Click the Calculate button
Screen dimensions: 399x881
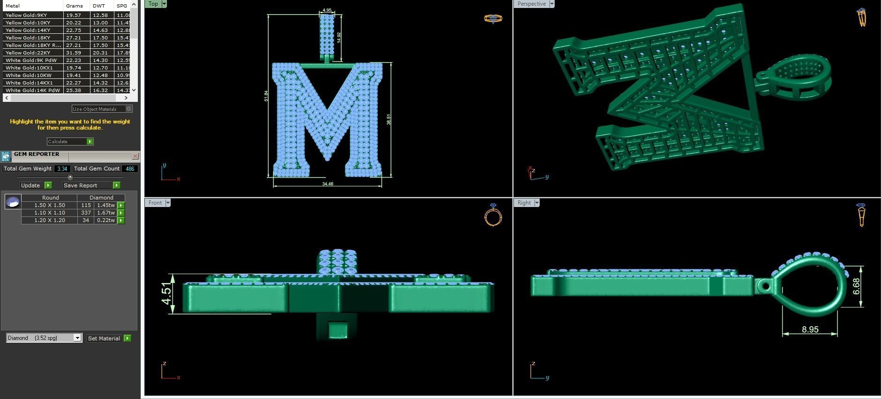tap(70, 141)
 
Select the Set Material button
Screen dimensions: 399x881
tap(108, 338)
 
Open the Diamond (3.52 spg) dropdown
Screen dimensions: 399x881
tap(77, 338)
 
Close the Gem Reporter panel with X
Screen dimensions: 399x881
tap(135, 156)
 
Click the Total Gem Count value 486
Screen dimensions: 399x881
tap(130, 169)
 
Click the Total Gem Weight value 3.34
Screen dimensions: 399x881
tap(62, 169)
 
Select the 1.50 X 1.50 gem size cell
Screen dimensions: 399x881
tap(49, 205)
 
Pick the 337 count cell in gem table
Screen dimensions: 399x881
tap(86, 213)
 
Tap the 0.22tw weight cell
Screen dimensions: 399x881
tap(106, 220)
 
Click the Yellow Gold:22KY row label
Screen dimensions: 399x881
tap(28, 53)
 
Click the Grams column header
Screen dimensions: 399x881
tap(74, 6)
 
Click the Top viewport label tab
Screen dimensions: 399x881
tap(153, 4)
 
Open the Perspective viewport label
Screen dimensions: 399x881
tap(531, 4)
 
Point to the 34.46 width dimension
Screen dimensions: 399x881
tap(328, 184)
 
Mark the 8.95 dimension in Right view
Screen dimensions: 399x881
tap(810, 330)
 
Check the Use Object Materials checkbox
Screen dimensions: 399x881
tap(129, 109)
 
